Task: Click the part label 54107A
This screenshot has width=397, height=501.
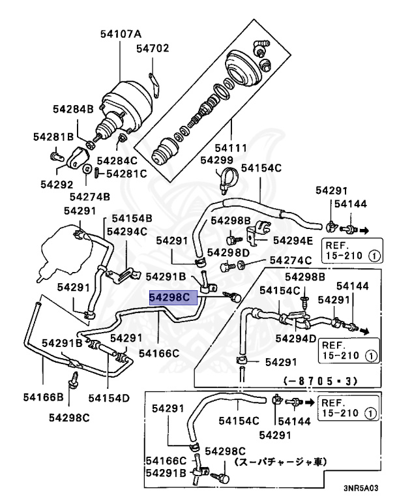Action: pos(121,33)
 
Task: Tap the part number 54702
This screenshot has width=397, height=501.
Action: pos(153,48)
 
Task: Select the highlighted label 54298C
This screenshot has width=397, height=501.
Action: pos(174,297)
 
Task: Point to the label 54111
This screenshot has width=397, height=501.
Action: pos(231,148)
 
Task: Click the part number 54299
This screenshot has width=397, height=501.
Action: pos(216,160)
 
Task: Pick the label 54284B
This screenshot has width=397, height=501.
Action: pos(73,109)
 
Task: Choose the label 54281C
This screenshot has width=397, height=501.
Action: pos(126,174)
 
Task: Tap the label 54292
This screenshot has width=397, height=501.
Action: pos(57,185)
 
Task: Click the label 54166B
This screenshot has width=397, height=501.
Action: pos(44,397)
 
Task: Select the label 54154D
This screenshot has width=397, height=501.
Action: pos(109,398)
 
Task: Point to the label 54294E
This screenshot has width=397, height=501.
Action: pos(293,240)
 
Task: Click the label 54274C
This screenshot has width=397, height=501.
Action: pos(290,260)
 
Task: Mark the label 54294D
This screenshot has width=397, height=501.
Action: pos(296,339)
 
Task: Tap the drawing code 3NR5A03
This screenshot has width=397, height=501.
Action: pos(361,488)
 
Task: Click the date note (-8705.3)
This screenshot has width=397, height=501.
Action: pos(320,381)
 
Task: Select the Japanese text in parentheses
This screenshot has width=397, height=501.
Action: pos(280,462)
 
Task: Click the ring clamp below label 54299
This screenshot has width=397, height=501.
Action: pos(226,177)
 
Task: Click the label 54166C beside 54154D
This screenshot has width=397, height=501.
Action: pos(159,353)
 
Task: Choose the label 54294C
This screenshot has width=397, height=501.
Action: pos(127,231)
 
